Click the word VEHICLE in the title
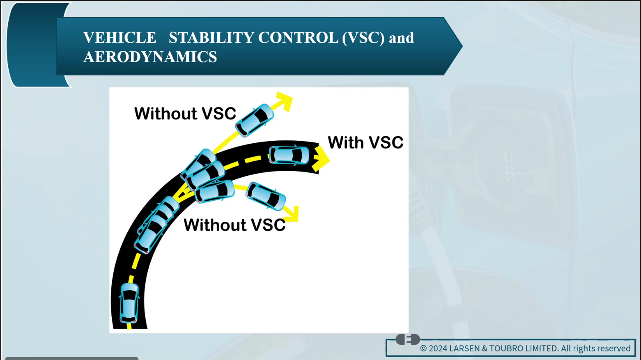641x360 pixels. point(120,37)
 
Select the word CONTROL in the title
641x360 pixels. point(298,37)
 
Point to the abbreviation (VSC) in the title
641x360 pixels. point(363,38)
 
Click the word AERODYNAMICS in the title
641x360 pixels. point(150,56)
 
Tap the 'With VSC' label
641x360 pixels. point(365,142)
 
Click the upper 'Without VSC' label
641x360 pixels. point(185,113)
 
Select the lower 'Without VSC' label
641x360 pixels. point(234,225)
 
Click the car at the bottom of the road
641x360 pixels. point(129,303)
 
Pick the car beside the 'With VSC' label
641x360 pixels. point(289,156)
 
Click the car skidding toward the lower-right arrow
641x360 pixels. point(266,196)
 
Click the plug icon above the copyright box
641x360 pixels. point(408,339)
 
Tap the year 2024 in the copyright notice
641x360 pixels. point(438,348)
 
